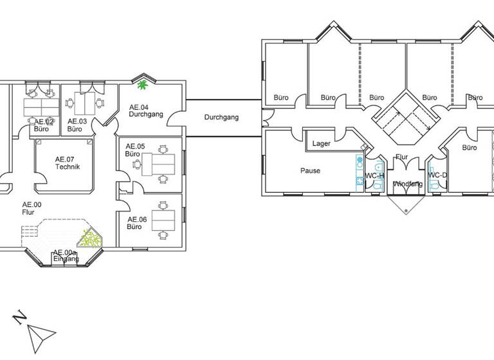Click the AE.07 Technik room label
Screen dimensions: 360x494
click(67, 163)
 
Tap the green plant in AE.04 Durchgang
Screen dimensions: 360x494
click(142, 84)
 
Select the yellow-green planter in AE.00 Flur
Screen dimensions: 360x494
click(91, 240)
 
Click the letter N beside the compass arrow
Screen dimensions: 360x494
click(20, 317)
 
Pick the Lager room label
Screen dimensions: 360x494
click(322, 144)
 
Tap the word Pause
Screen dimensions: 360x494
click(310, 171)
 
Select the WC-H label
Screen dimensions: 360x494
click(374, 175)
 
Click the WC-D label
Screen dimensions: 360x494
click(437, 175)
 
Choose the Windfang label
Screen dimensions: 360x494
click(408, 184)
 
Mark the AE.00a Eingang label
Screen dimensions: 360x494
click(66, 256)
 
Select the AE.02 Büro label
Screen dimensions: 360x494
click(42, 125)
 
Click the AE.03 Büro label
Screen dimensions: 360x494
click(77, 125)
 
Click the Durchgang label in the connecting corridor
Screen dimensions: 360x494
click(221, 118)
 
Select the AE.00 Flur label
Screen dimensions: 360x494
click(28, 208)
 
